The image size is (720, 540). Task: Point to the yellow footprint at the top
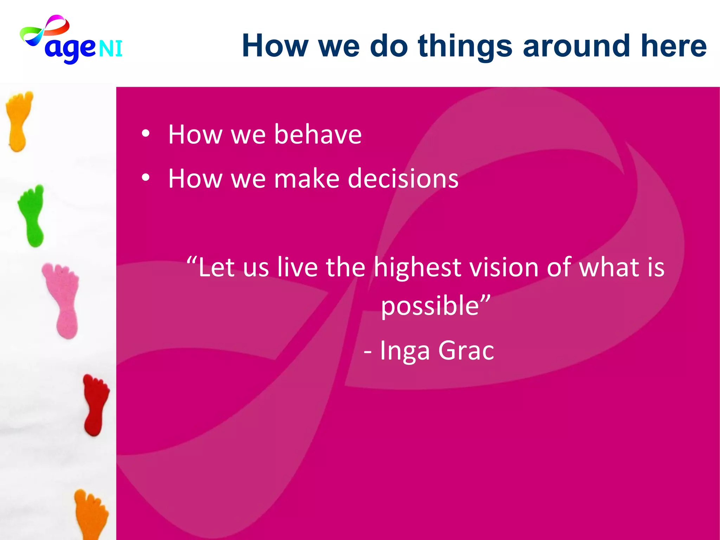click(x=19, y=121)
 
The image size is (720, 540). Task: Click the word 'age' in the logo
click(x=70, y=49)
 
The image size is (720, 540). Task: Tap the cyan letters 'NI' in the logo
click(x=110, y=49)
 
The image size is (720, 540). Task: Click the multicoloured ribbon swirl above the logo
click(x=45, y=32)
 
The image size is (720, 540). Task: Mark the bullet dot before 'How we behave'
click(x=146, y=134)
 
